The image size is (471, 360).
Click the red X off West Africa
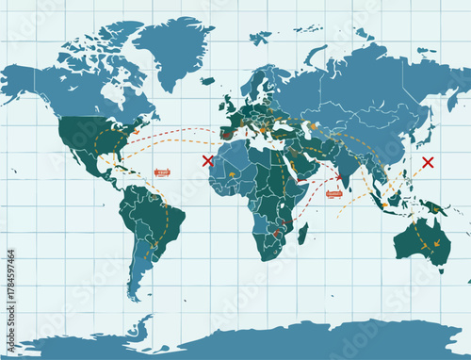pos(207,161)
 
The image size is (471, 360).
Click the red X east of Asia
pos(428,162)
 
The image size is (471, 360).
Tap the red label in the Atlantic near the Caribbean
pos(163,172)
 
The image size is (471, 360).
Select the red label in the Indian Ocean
pos(333,194)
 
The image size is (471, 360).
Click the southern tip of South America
pos(138,294)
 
